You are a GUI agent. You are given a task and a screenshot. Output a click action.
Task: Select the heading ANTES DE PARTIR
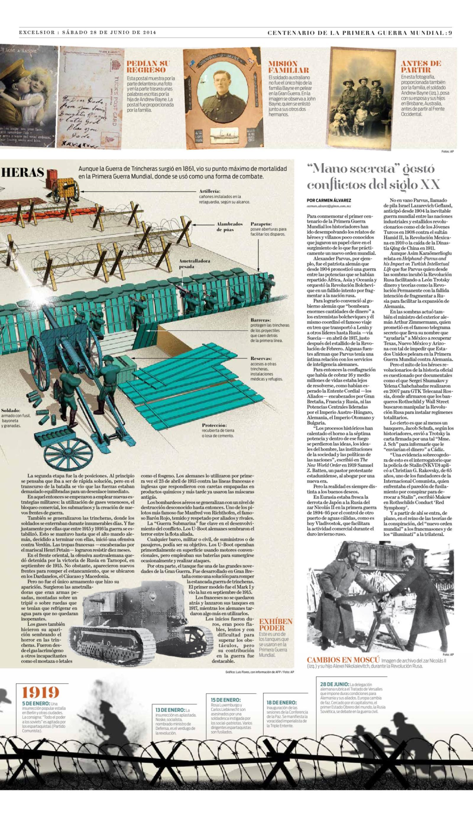pos(421,66)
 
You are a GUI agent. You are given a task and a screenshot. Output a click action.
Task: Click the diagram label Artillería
pos(210,191)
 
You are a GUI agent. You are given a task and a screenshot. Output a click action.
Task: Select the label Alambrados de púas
pos(229,227)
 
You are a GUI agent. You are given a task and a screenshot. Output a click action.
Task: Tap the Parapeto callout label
pos(261,224)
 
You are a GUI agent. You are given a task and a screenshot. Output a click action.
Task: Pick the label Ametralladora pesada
pos(194,263)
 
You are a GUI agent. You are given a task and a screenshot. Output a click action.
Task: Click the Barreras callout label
pos(260,320)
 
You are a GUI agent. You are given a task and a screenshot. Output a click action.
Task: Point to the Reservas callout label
pos(261,358)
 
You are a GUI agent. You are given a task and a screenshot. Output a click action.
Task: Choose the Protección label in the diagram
pos(214,425)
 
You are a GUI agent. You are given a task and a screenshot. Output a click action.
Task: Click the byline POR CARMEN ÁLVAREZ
pos(328,200)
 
